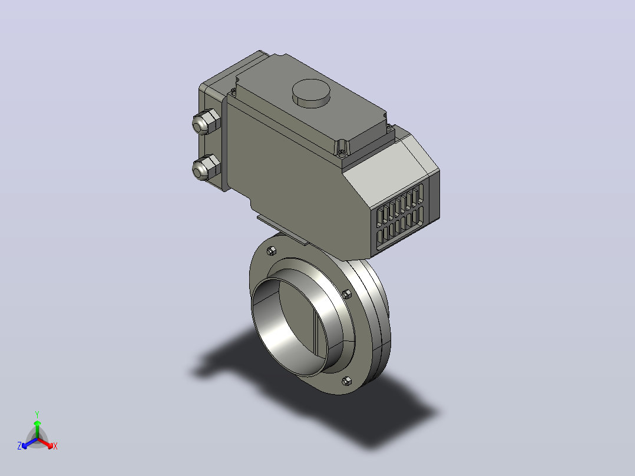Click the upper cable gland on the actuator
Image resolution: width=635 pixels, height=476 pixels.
(206, 121)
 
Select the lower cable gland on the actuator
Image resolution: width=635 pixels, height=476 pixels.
(206, 168)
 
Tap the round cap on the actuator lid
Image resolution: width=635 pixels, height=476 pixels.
(311, 93)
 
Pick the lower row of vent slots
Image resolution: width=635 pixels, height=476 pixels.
(400, 227)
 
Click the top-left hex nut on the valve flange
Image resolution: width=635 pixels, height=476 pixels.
(272, 251)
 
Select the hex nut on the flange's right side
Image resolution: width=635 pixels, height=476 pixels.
(346, 294)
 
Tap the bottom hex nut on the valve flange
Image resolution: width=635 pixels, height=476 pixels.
(346, 381)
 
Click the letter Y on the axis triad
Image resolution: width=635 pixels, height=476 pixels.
(37, 414)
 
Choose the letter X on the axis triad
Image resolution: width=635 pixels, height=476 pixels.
(55, 447)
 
